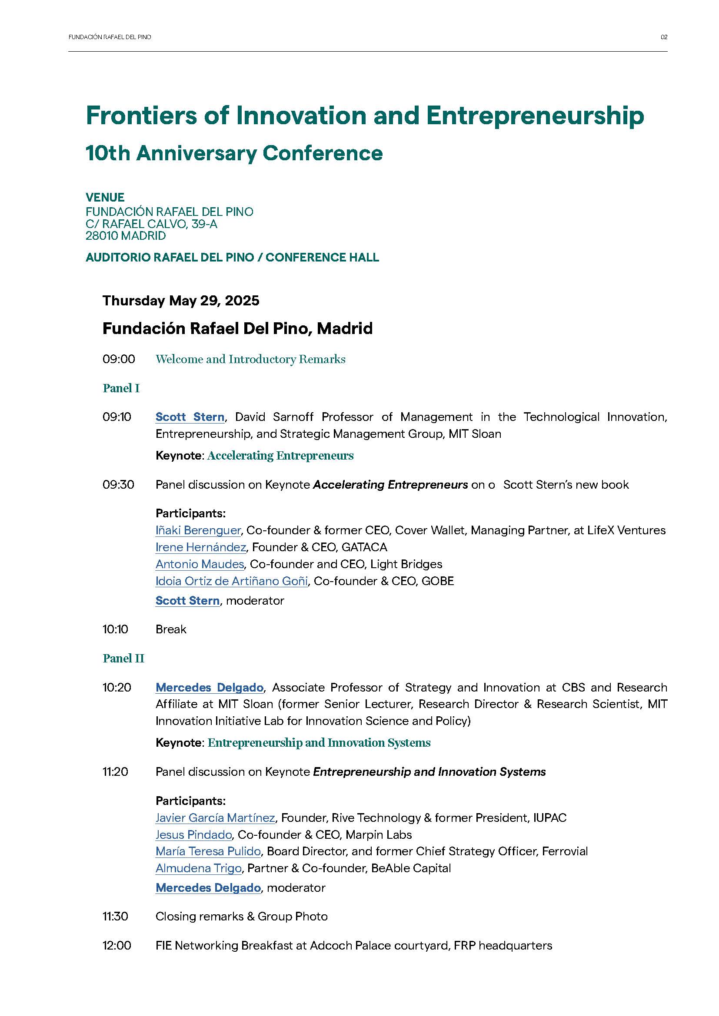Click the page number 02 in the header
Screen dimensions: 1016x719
click(x=664, y=37)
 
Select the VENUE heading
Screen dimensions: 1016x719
click(x=105, y=197)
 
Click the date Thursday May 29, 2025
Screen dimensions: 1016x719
click(x=181, y=301)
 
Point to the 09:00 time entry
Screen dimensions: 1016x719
click(x=119, y=359)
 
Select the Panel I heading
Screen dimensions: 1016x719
click(x=121, y=388)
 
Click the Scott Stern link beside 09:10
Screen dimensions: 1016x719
click(x=190, y=417)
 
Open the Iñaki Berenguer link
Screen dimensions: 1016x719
click(x=198, y=530)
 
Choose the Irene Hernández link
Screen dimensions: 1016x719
click(x=200, y=547)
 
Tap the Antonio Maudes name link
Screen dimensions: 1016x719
click(x=200, y=564)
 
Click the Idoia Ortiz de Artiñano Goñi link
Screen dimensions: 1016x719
click(x=232, y=581)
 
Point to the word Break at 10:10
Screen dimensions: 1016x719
click(x=171, y=629)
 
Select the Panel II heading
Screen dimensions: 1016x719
click(x=123, y=659)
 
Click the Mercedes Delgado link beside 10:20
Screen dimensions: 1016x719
click(x=210, y=687)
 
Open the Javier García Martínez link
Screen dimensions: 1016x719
click(x=215, y=818)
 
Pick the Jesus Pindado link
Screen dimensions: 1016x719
click(x=193, y=834)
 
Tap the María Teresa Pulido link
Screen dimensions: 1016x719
click(x=208, y=851)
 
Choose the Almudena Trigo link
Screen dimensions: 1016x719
click(x=198, y=868)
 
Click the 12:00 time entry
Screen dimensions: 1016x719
click(x=117, y=946)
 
